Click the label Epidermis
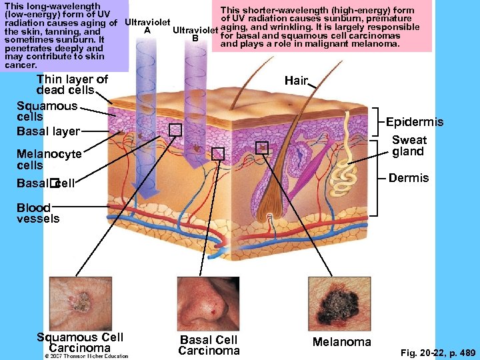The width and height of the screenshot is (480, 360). pos(415,122)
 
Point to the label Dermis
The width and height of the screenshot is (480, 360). pos(409,178)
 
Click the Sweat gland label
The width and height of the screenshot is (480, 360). pos(409,145)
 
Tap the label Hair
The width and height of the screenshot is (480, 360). pos(296,81)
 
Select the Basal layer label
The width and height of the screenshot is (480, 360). pos(48,131)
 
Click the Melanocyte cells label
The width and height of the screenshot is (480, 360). pos(49,159)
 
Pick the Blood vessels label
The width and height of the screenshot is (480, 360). pos(38,213)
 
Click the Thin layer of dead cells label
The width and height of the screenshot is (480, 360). pos(72,85)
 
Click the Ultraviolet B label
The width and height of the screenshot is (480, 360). pos(195,34)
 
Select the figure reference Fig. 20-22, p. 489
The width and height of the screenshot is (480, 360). pos(437,351)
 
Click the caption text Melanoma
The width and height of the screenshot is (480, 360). pos(342,342)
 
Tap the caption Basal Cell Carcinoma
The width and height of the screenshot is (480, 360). pos(209,345)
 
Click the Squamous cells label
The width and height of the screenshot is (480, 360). pos(47,111)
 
